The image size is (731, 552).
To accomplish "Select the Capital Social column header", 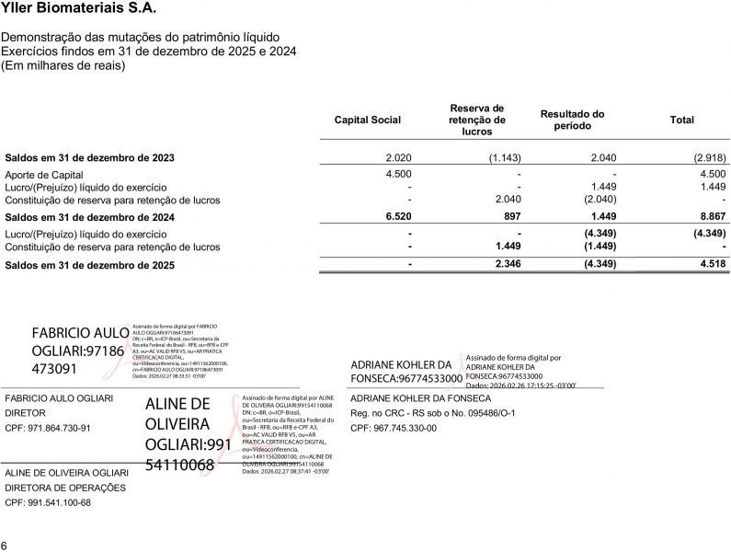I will point(367,121).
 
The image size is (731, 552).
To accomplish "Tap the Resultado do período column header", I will point(572,120).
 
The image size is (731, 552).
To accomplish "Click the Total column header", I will point(682,121).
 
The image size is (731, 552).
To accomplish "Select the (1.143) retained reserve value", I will point(505,157).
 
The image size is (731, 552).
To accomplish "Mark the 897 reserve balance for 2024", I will point(512,217).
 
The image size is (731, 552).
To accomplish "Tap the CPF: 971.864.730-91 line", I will point(49,429).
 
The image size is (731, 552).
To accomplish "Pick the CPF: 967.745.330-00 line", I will point(394,428).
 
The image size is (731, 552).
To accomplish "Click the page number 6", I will point(5,544).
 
